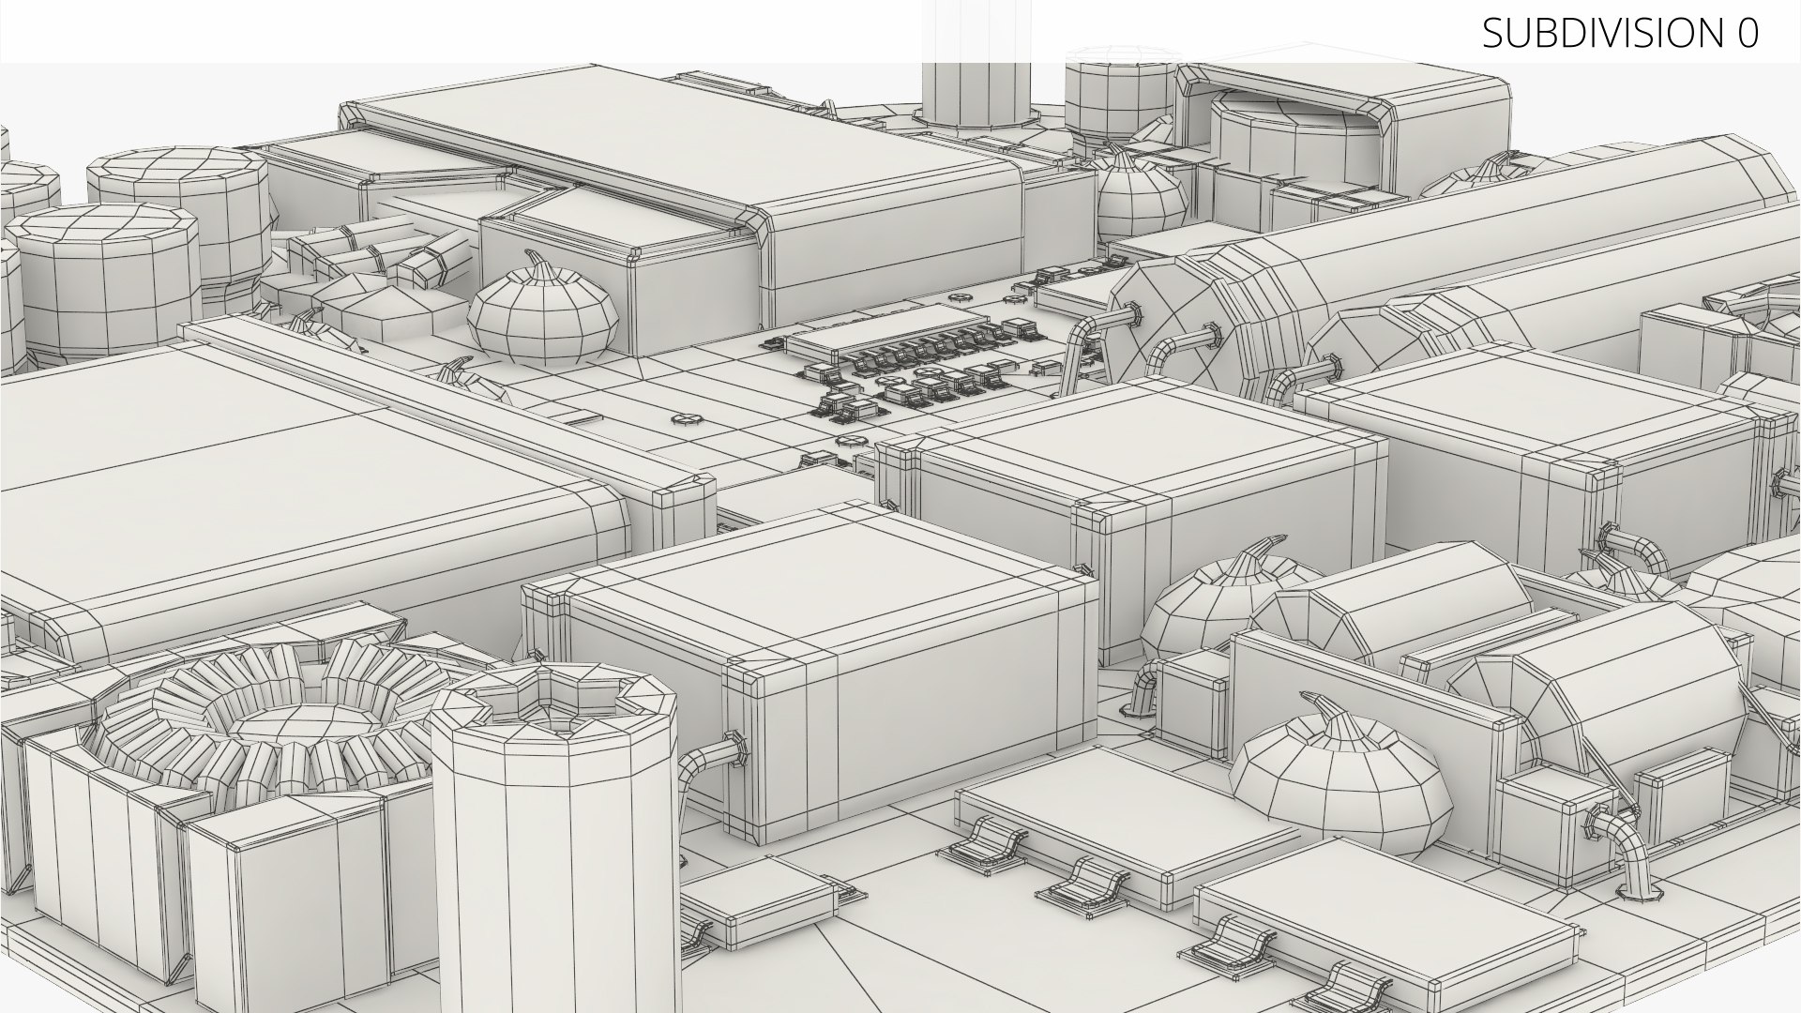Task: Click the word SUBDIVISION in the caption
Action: point(1597,34)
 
